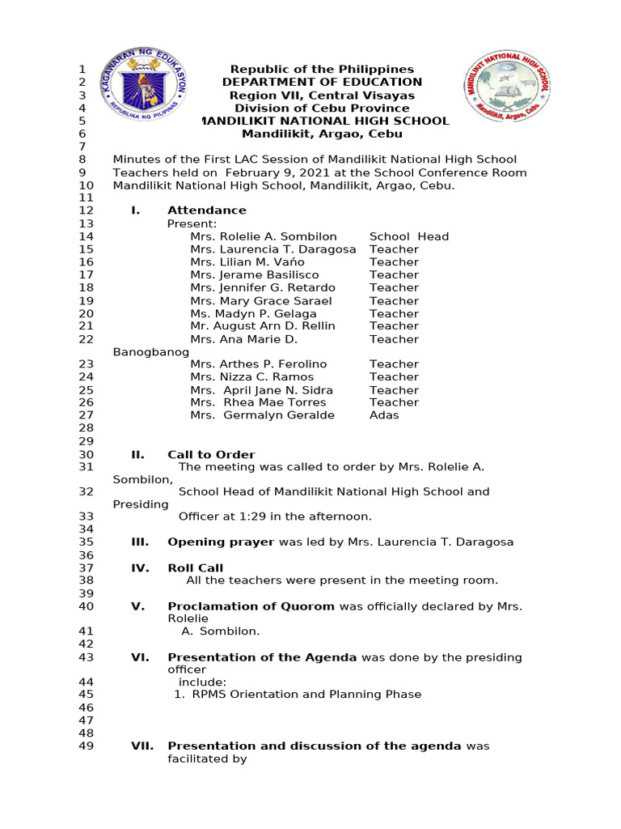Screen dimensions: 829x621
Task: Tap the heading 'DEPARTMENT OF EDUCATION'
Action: click(322, 82)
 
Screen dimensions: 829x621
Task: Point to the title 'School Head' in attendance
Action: click(408, 236)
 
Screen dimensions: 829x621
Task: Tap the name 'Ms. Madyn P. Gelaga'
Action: click(253, 313)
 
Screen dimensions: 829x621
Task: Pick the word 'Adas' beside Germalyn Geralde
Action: click(384, 415)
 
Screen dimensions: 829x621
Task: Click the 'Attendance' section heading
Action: click(206, 210)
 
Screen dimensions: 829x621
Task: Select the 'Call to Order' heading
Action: click(211, 455)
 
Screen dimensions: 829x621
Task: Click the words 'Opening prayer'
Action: click(221, 542)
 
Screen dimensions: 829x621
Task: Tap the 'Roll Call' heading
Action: click(195, 568)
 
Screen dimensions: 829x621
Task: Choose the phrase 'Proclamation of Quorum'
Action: click(251, 606)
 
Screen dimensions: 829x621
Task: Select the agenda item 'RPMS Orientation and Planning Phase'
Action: click(302, 695)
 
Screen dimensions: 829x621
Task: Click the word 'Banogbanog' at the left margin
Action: click(151, 352)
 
